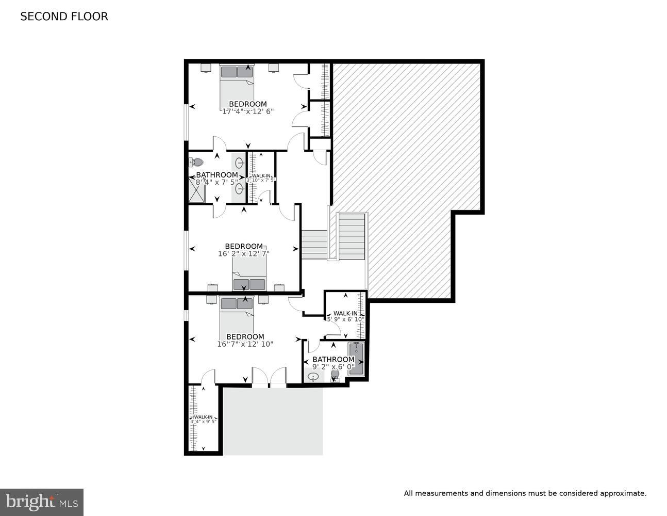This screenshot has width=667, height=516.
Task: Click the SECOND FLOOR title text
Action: pyautogui.click(x=64, y=17)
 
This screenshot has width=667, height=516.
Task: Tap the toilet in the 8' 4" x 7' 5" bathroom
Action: pyautogui.click(x=196, y=162)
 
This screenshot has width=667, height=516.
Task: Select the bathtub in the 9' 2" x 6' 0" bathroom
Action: pyautogui.click(x=356, y=358)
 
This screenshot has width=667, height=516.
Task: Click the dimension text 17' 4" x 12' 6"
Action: pyautogui.click(x=247, y=111)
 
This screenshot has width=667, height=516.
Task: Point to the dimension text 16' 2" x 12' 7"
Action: pyautogui.click(x=244, y=253)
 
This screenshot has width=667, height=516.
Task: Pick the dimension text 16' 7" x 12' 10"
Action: pyautogui.click(x=245, y=344)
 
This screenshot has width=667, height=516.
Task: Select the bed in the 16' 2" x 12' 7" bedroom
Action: pyautogui.click(x=249, y=275)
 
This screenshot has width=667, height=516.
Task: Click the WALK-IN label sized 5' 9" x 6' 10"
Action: pyautogui.click(x=345, y=313)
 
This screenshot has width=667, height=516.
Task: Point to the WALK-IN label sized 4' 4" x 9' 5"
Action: pyautogui.click(x=203, y=417)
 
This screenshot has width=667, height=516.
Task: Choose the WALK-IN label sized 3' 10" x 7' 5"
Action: pyautogui.click(x=261, y=176)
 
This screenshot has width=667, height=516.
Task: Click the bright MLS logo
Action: pyautogui.click(x=41, y=502)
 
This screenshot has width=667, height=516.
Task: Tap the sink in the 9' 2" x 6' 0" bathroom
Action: pyautogui.click(x=313, y=377)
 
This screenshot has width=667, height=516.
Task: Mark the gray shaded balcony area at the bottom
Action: pyautogui.click(x=272, y=421)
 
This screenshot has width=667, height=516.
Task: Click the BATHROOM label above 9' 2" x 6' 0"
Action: pyautogui.click(x=333, y=360)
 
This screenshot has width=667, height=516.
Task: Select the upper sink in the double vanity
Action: pyautogui.click(x=240, y=164)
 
